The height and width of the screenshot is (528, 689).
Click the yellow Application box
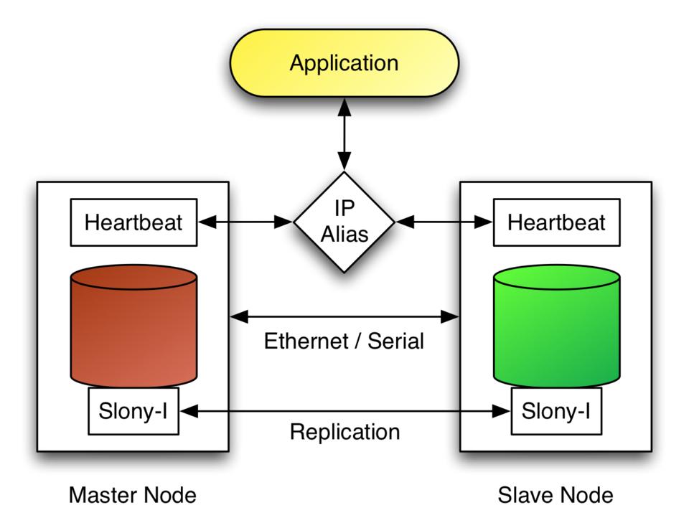tap(344, 64)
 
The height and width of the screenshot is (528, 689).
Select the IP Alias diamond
tap(344, 222)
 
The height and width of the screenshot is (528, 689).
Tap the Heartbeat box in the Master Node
tap(133, 222)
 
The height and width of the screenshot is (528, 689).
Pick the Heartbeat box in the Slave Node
tap(556, 222)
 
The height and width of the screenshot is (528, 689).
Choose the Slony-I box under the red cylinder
tap(133, 411)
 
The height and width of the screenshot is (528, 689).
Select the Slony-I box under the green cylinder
tap(556, 411)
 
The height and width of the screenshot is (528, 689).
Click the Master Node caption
tap(133, 495)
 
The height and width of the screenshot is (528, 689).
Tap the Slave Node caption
tap(556, 495)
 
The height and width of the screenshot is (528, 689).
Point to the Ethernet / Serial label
tap(344, 340)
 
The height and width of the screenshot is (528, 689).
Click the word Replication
tap(344, 432)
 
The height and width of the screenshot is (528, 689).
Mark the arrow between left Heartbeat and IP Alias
tap(244, 222)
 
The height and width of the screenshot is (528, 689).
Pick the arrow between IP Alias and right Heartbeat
tap(444, 222)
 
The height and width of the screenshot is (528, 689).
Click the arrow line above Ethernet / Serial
tap(344, 315)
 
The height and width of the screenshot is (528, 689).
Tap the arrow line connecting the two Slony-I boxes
tap(344, 411)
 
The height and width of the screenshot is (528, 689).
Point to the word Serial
tap(395, 340)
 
